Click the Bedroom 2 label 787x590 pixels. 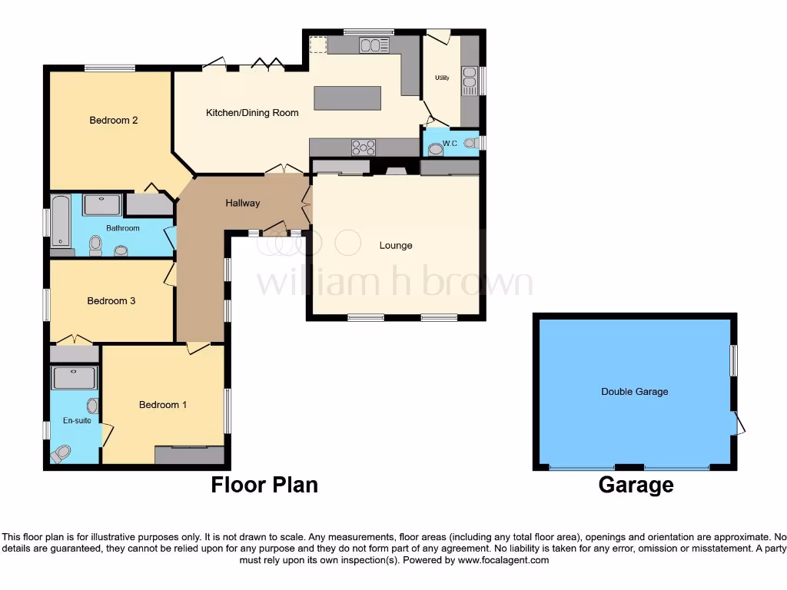(114, 120)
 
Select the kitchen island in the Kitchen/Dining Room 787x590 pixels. (347, 98)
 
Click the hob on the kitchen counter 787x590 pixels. (364, 146)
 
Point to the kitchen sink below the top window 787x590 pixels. (374, 46)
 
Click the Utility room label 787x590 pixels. (442, 78)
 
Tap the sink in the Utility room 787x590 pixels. (469, 78)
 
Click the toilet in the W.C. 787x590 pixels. (435, 150)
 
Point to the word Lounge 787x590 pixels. (396, 246)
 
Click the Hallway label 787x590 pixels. (242, 204)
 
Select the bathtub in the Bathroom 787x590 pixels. (60, 220)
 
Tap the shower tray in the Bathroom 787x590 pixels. (102, 204)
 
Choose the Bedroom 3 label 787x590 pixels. (111, 301)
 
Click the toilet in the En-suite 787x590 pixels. (61, 454)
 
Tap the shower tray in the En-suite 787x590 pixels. (75, 379)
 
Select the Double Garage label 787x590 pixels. (635, 392)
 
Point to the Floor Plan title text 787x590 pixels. (264, 485)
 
